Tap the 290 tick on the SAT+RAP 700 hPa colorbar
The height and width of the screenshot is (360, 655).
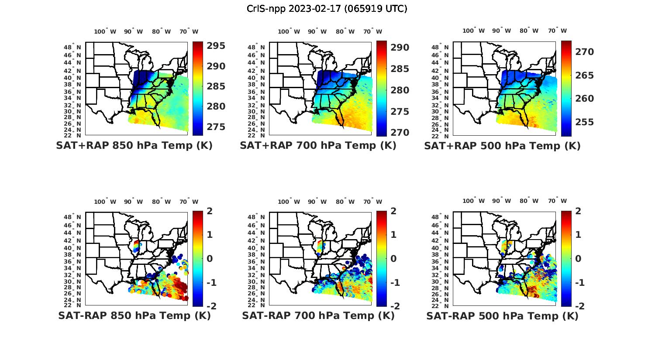point(399,48)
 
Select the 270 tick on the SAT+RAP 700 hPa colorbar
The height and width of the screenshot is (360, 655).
point(399,132)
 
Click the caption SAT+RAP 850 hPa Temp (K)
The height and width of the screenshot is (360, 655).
point(134,146)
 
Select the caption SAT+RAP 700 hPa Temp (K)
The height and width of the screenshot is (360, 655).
point(318,146)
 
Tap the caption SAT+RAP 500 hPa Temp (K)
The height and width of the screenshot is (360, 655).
point(502,146)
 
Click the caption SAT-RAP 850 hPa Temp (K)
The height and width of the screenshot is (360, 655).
point(134,315)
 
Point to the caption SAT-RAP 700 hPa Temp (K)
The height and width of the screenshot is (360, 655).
point(318,315)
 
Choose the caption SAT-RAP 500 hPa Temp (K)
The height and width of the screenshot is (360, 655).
point(502,315)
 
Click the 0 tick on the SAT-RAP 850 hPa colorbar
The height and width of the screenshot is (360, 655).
point(209,258)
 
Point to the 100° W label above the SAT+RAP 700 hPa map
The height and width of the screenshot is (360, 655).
point(289,31)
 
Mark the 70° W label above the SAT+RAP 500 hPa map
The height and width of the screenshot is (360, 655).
point(557,31)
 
